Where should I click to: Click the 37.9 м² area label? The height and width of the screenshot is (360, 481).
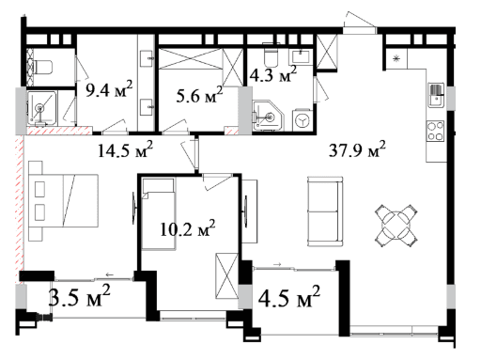click(x=357, y=149)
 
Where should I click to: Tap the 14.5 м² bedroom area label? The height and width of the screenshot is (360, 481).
click(x=125, y=149)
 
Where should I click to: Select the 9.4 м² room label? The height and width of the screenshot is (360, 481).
click(x=109, y=89)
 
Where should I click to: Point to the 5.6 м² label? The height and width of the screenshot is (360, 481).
click(x=199, y=95)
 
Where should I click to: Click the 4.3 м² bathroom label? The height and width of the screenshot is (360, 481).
click(x=273, y=74)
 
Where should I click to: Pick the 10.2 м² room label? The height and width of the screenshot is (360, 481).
click(x=187, y=228)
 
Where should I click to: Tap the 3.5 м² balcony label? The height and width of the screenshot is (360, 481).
click(x=80, y=295)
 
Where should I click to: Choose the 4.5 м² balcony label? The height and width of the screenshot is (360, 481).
click(x=289, y=296)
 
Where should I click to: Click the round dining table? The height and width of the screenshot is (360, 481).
click(x=396, y=226)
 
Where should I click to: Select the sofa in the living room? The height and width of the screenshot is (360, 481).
click(x=325, y=211)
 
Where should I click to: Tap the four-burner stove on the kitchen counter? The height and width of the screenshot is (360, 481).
click(x=436, y=131)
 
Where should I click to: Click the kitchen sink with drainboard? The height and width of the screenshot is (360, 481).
click(x=436, y=95)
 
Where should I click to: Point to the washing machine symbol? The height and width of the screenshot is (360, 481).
click(x=303, y=120)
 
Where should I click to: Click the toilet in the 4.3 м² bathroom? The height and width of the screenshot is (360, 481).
click(x=272, y=55)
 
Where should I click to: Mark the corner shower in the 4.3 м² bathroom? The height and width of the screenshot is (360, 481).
click(x=268, y=116)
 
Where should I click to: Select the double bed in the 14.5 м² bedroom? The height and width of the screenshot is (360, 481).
click(x=64, y=201)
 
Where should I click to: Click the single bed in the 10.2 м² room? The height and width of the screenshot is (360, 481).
click(x=158, y=214)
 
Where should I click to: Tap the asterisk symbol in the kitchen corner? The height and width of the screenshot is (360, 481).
click(x=396, y=58)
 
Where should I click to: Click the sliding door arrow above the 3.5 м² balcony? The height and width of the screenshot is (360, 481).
click(x=109, y=274)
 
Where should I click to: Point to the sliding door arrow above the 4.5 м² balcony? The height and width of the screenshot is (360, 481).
click(x=277, y=264)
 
